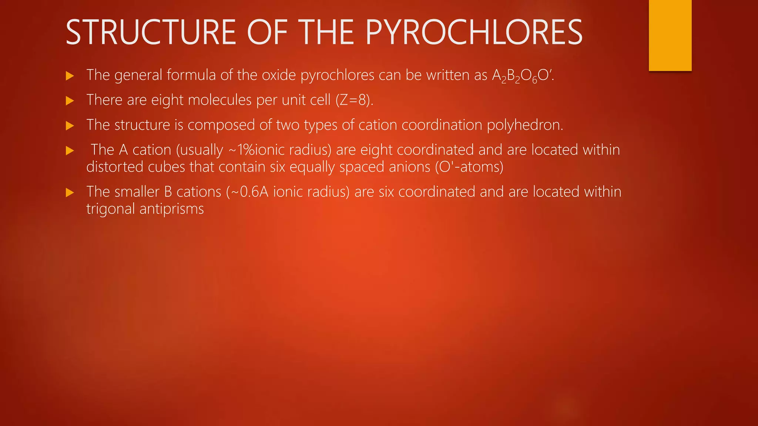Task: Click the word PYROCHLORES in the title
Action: click(474, 33)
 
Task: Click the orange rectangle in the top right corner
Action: click(670, 35)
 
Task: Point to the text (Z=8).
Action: click(354, 100)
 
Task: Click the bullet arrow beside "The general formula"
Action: click(70, 76)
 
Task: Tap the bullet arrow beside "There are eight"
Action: click(70, 101)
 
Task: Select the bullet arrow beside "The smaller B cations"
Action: click(70, 193)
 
